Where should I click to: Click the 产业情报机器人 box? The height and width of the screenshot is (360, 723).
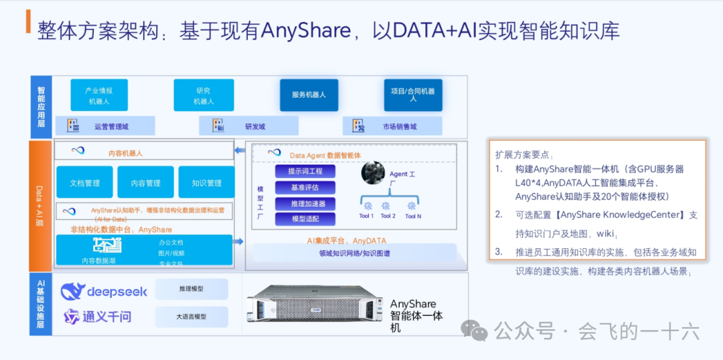(x=99, y=95)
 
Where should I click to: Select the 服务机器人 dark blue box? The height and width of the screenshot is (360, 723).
(x=309, y=95)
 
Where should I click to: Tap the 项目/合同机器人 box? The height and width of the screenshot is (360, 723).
(x=413, y=95)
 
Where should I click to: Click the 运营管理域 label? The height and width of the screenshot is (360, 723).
(x=111, y=126)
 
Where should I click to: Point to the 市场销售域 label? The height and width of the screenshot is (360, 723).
(x=399, y=126)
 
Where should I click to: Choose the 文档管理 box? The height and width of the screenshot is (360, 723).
(x=84, y=183)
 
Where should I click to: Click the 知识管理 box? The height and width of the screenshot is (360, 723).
(x=206, y=183)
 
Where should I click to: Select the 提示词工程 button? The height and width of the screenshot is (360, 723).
(x=305, y=171)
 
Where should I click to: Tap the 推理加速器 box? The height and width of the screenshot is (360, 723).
(x=305, y=203)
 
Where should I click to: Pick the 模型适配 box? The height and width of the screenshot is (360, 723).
(x=305, y=219)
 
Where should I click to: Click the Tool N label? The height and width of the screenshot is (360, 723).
(x=414, y=216)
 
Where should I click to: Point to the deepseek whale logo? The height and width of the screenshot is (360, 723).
(x=72, y=291)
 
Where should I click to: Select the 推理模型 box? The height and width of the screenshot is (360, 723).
(x=191, y=289)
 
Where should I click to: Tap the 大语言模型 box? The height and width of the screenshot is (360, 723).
(x=191, y=317)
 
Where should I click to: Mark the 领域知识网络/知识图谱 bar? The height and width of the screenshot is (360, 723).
(x=354, y=253)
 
